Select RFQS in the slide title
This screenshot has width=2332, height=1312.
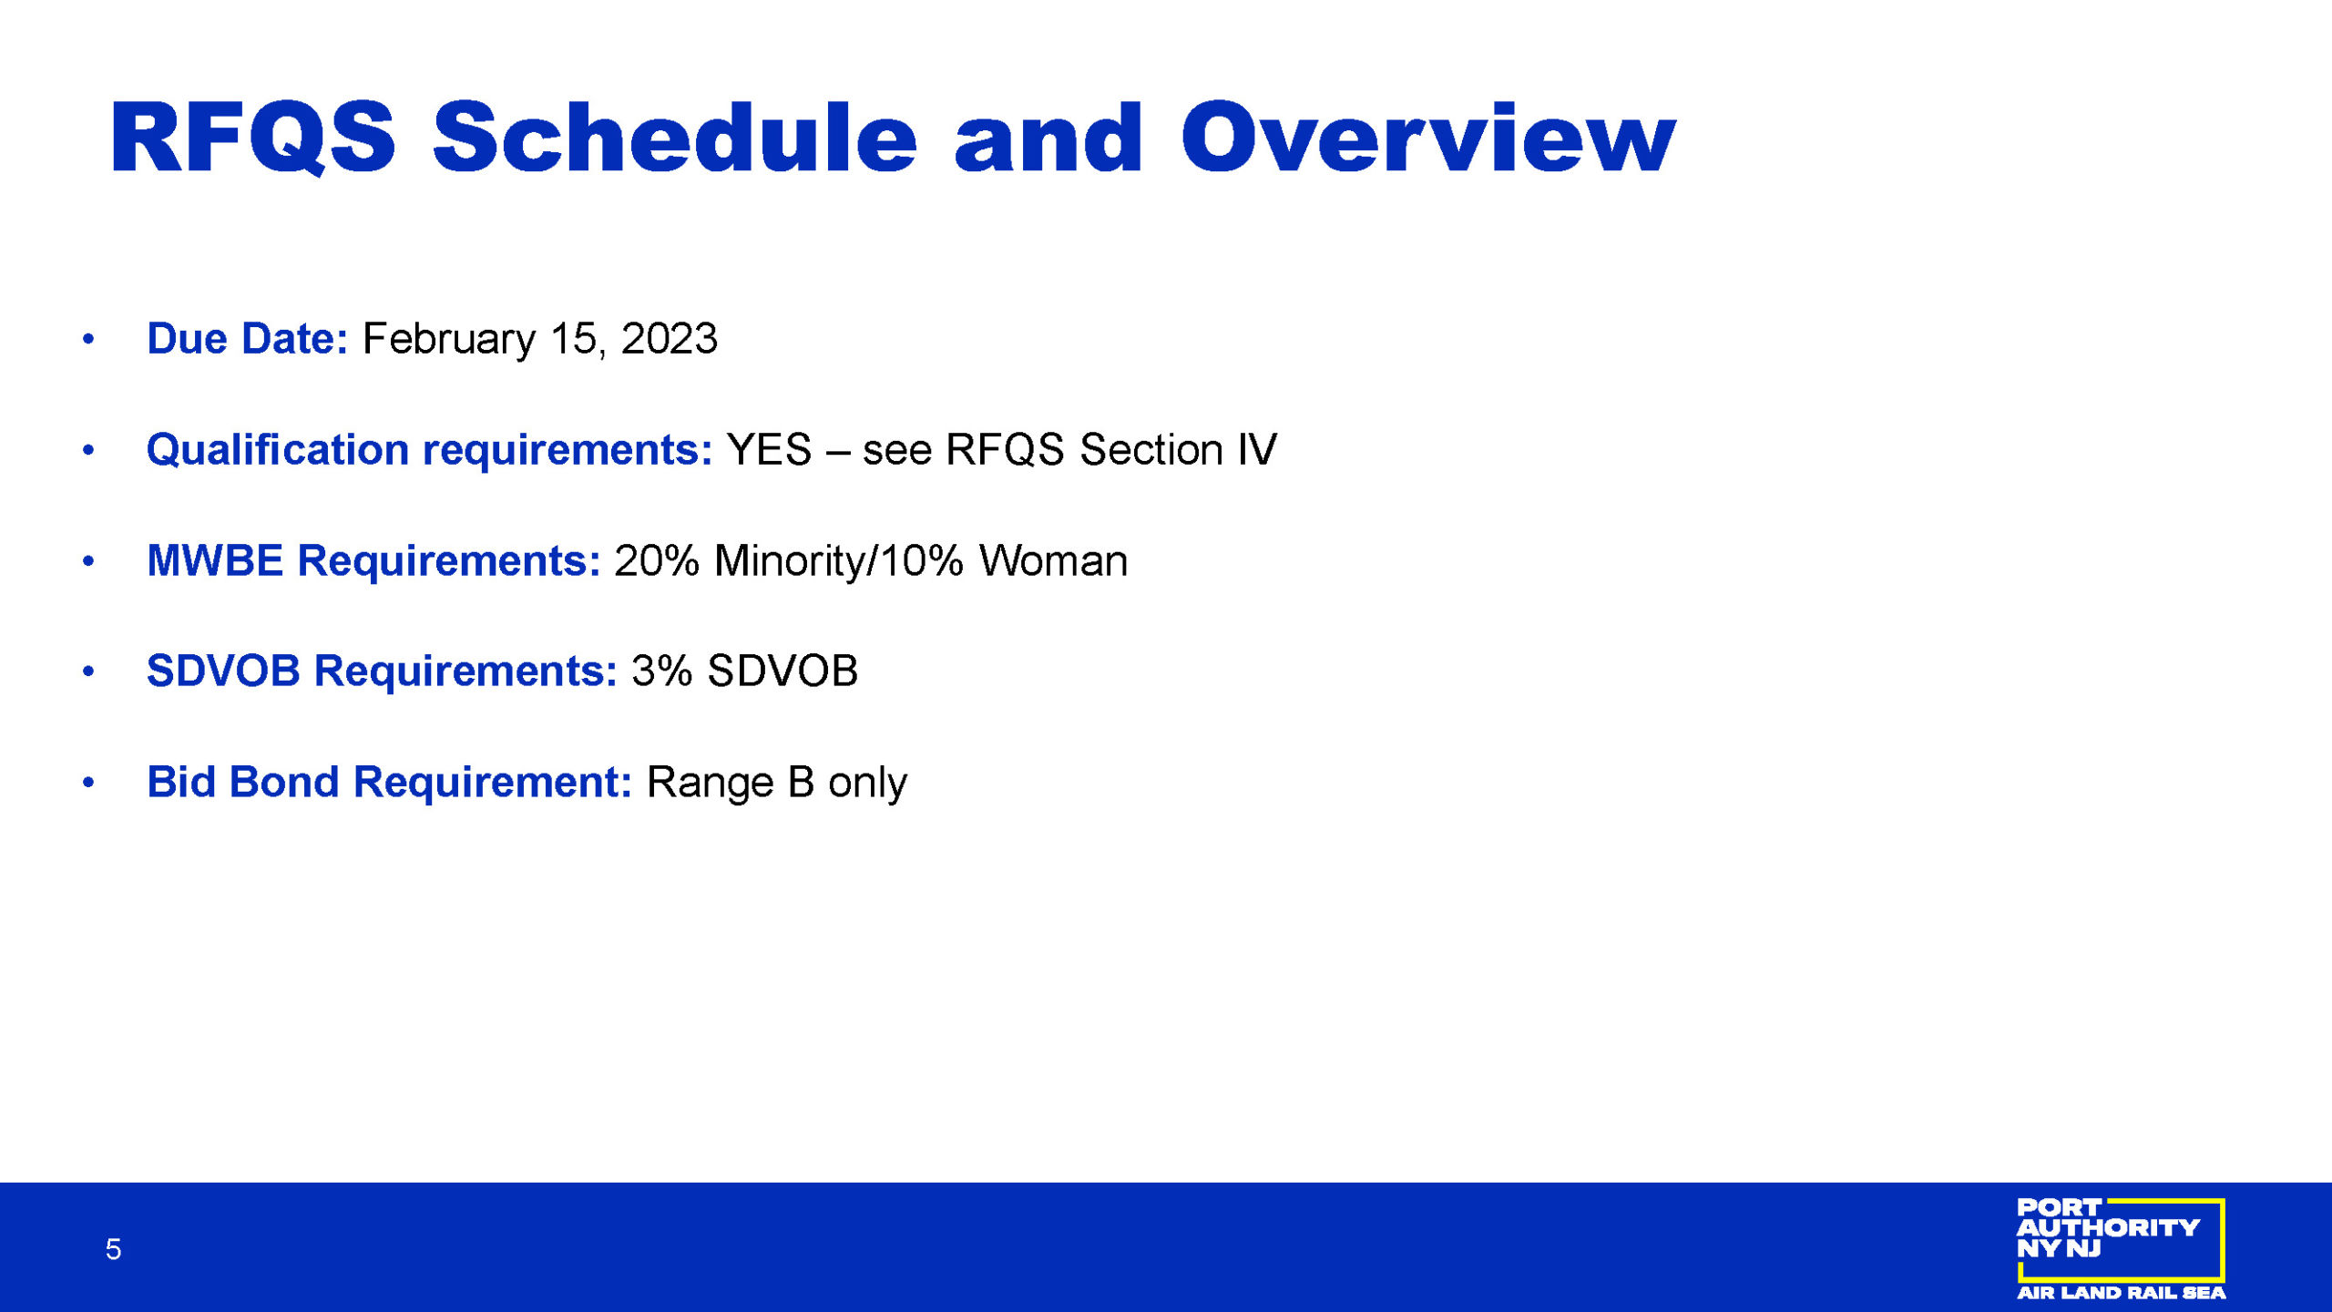(253, 138)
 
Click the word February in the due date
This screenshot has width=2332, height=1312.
(449, 340)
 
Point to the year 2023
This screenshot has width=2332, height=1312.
(670, 339)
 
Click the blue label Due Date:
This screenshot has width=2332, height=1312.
(247, 339)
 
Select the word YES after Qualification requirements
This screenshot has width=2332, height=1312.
(769, 450)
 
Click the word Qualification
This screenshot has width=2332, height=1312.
(278, 450)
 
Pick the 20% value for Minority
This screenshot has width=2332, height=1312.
(657, 560)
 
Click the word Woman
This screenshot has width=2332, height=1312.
(1053, 560)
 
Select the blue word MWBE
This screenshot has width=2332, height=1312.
(215, 560)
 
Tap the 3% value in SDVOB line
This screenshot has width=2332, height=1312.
(662, 671)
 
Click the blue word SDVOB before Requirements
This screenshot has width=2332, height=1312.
(223, 671)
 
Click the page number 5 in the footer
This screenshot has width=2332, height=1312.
(113, 1249)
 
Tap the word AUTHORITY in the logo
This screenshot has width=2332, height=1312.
(2108, 1228)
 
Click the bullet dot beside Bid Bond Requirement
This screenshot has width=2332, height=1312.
(88, 783)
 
